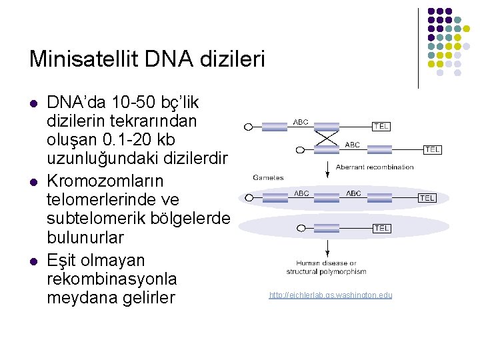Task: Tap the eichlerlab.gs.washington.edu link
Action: (x=331, y=295)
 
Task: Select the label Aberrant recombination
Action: (x=375, y=167)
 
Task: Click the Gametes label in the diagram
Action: (x=268, y=177)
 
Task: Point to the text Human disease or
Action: (x=327, y=263)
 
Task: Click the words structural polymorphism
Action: (x=327, y=272)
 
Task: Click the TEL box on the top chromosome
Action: (x=381, y=126)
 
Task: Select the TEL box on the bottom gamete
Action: (x=381, y=228)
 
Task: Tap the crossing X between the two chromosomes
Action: (x=327, y=139)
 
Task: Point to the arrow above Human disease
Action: (x=327, y=247)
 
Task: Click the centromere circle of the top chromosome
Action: (x=248, y=126)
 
